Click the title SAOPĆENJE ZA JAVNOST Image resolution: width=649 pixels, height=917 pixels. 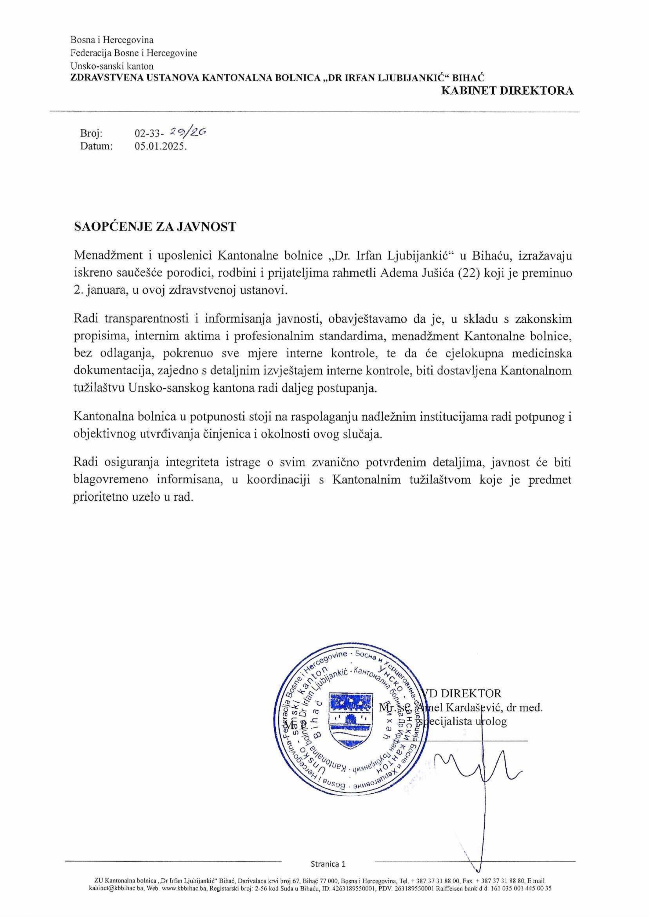(155, 227)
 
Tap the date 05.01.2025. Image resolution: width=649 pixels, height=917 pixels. (161, 147)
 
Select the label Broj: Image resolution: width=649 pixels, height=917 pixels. (91, 133)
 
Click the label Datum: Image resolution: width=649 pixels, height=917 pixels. (96, 147)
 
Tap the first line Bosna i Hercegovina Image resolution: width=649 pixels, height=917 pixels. (112, 40)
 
